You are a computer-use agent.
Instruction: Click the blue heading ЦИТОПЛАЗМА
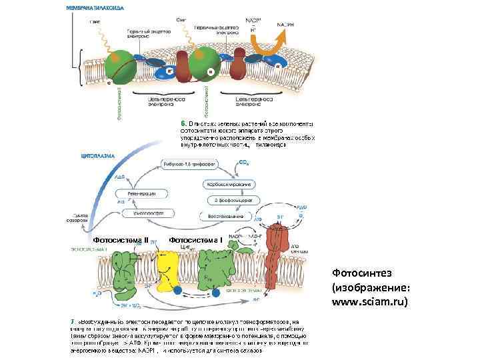click(x=97, y=155)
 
